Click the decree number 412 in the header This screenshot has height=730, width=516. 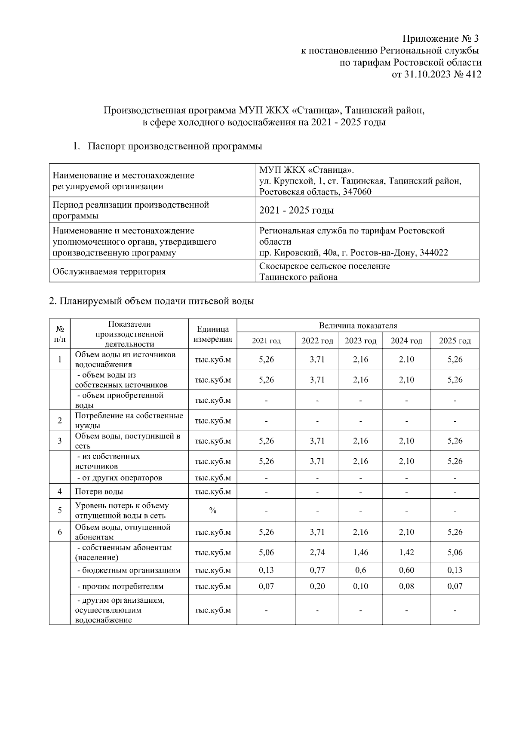coord(473,74)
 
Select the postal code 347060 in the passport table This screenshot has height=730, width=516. coord(357,192)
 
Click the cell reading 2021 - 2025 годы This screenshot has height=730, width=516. coord(297,210)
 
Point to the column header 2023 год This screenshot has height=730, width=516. coord(360,341)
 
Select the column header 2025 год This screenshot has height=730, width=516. coord(455,341)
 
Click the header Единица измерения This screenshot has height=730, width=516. coord(212,334)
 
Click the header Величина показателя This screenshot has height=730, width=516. coord(358,325)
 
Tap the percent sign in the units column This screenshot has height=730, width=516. coord(212,510)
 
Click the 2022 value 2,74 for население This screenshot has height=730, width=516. coord(317,552)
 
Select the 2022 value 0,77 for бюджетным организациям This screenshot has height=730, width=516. coord(317,570)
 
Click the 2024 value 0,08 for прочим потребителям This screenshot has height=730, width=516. coord(406,586)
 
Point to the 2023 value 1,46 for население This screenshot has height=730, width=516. coord(360,552)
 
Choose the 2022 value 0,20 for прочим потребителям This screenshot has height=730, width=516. coord(317,586)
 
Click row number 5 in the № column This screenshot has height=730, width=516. coord(60,510)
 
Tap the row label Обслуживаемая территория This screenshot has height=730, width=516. coord(109,272)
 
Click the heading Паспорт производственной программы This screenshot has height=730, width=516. coord(175,146)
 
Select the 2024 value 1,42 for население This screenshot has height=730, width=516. coord(406,552)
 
